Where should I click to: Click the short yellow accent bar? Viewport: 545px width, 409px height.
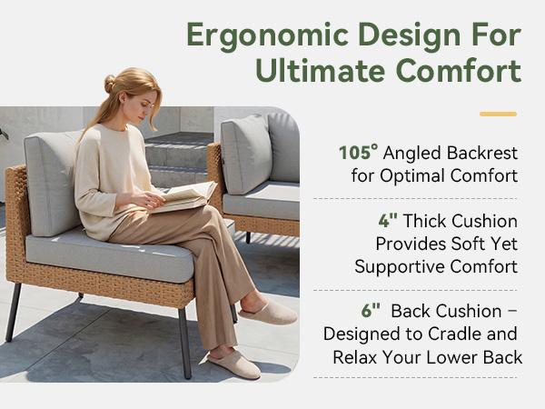point(498,114)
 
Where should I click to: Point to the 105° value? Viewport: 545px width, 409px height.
point(358,152)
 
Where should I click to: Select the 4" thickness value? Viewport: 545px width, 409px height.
point(389,221)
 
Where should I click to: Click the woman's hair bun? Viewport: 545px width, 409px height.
point(110,84)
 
